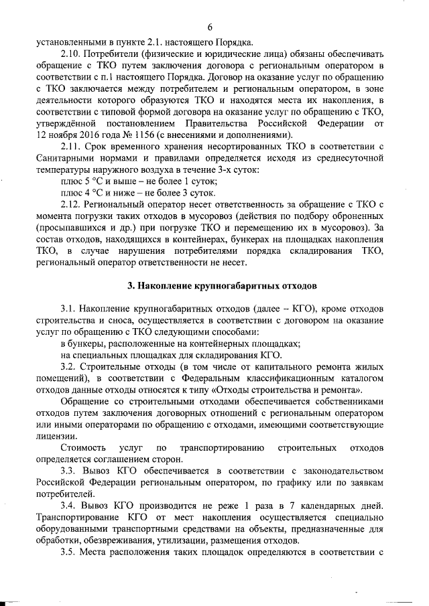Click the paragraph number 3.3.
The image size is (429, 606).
(68, 473)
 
